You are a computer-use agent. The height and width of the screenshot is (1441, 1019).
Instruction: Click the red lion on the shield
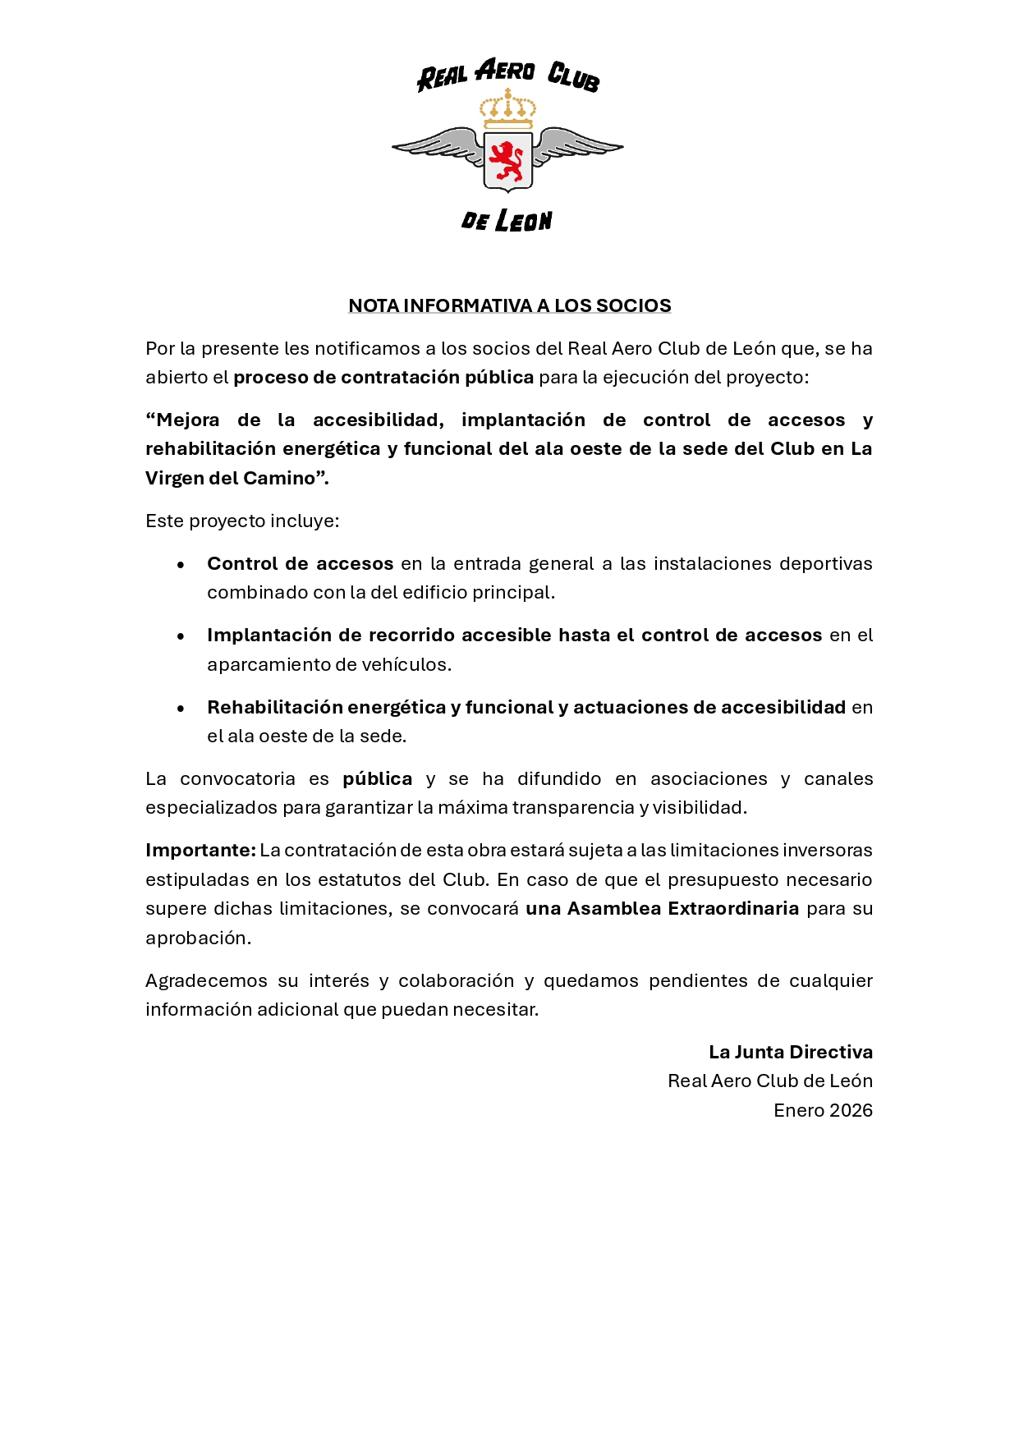tap(507, 161)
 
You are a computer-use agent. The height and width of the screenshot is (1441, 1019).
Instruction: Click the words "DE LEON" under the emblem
tap(507, 220)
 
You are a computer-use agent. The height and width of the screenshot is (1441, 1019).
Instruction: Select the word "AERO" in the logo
tap(505, 71)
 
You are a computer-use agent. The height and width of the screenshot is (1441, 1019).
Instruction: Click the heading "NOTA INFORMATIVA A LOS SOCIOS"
tap(509, 305)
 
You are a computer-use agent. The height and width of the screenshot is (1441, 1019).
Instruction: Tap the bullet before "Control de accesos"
tap(181, 564)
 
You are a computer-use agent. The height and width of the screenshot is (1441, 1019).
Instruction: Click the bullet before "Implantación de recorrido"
tap(181, 636)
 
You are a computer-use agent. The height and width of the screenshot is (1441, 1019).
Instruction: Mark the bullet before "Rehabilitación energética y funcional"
tap(181, 708)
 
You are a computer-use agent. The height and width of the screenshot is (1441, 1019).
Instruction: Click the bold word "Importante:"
tap(200, 851)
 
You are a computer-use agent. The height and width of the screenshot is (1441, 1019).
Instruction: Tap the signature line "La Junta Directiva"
tap(790, 1052)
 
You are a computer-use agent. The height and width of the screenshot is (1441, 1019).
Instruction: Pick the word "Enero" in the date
tap(798, 1110)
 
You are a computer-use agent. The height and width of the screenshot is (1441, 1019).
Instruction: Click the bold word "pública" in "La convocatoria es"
tap(377, 779)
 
